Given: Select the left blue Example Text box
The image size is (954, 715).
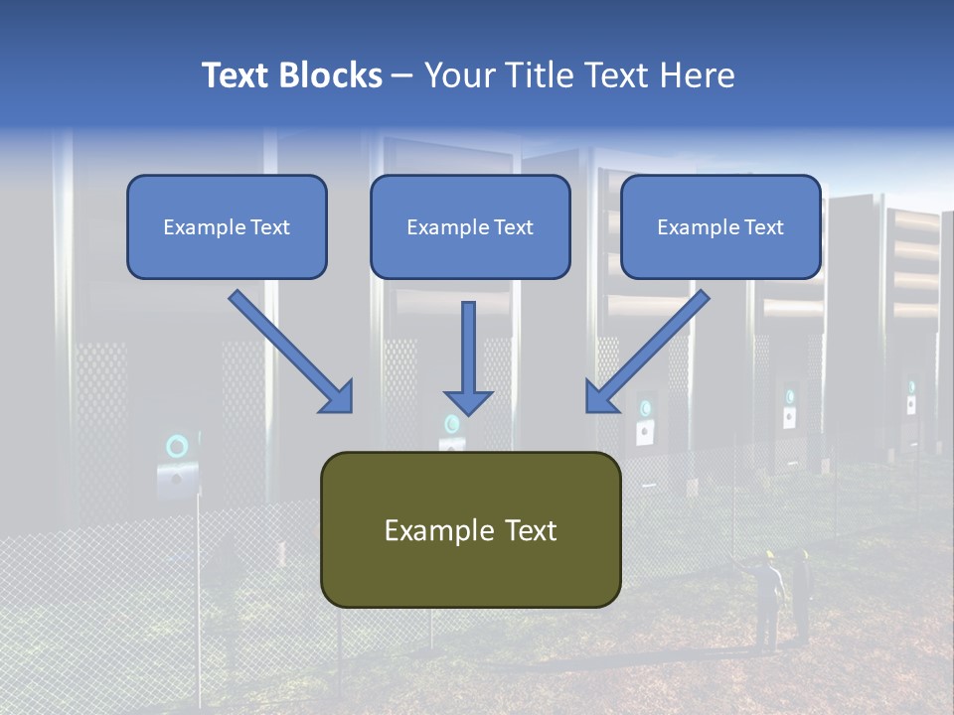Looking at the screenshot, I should (227, 226).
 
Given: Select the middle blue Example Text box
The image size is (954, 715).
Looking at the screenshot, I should (470, 226).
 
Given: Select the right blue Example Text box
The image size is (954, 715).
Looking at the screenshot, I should (720, 226).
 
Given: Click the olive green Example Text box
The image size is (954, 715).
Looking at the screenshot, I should (470, 529).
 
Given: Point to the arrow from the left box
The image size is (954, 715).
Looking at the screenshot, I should (288, 350).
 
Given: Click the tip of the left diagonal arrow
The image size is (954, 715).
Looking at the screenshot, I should (350, 409).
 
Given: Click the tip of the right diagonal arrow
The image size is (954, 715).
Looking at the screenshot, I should (589, 409).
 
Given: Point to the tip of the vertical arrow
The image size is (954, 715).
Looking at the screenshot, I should (468, 413).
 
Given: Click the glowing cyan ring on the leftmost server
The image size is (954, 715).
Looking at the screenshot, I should (177, 446).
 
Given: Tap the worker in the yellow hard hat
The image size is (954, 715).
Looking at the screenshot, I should (766, 596).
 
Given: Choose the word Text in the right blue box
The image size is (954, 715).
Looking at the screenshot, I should (764, 226).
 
